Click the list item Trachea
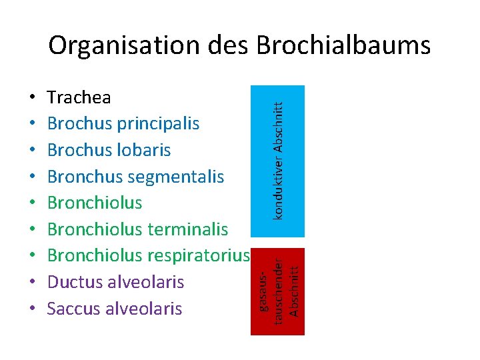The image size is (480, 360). (79, 98)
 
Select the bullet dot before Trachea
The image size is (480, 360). (33, 99)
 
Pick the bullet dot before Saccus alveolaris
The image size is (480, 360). (33, 309)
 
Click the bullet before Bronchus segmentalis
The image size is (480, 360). (33, 178)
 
